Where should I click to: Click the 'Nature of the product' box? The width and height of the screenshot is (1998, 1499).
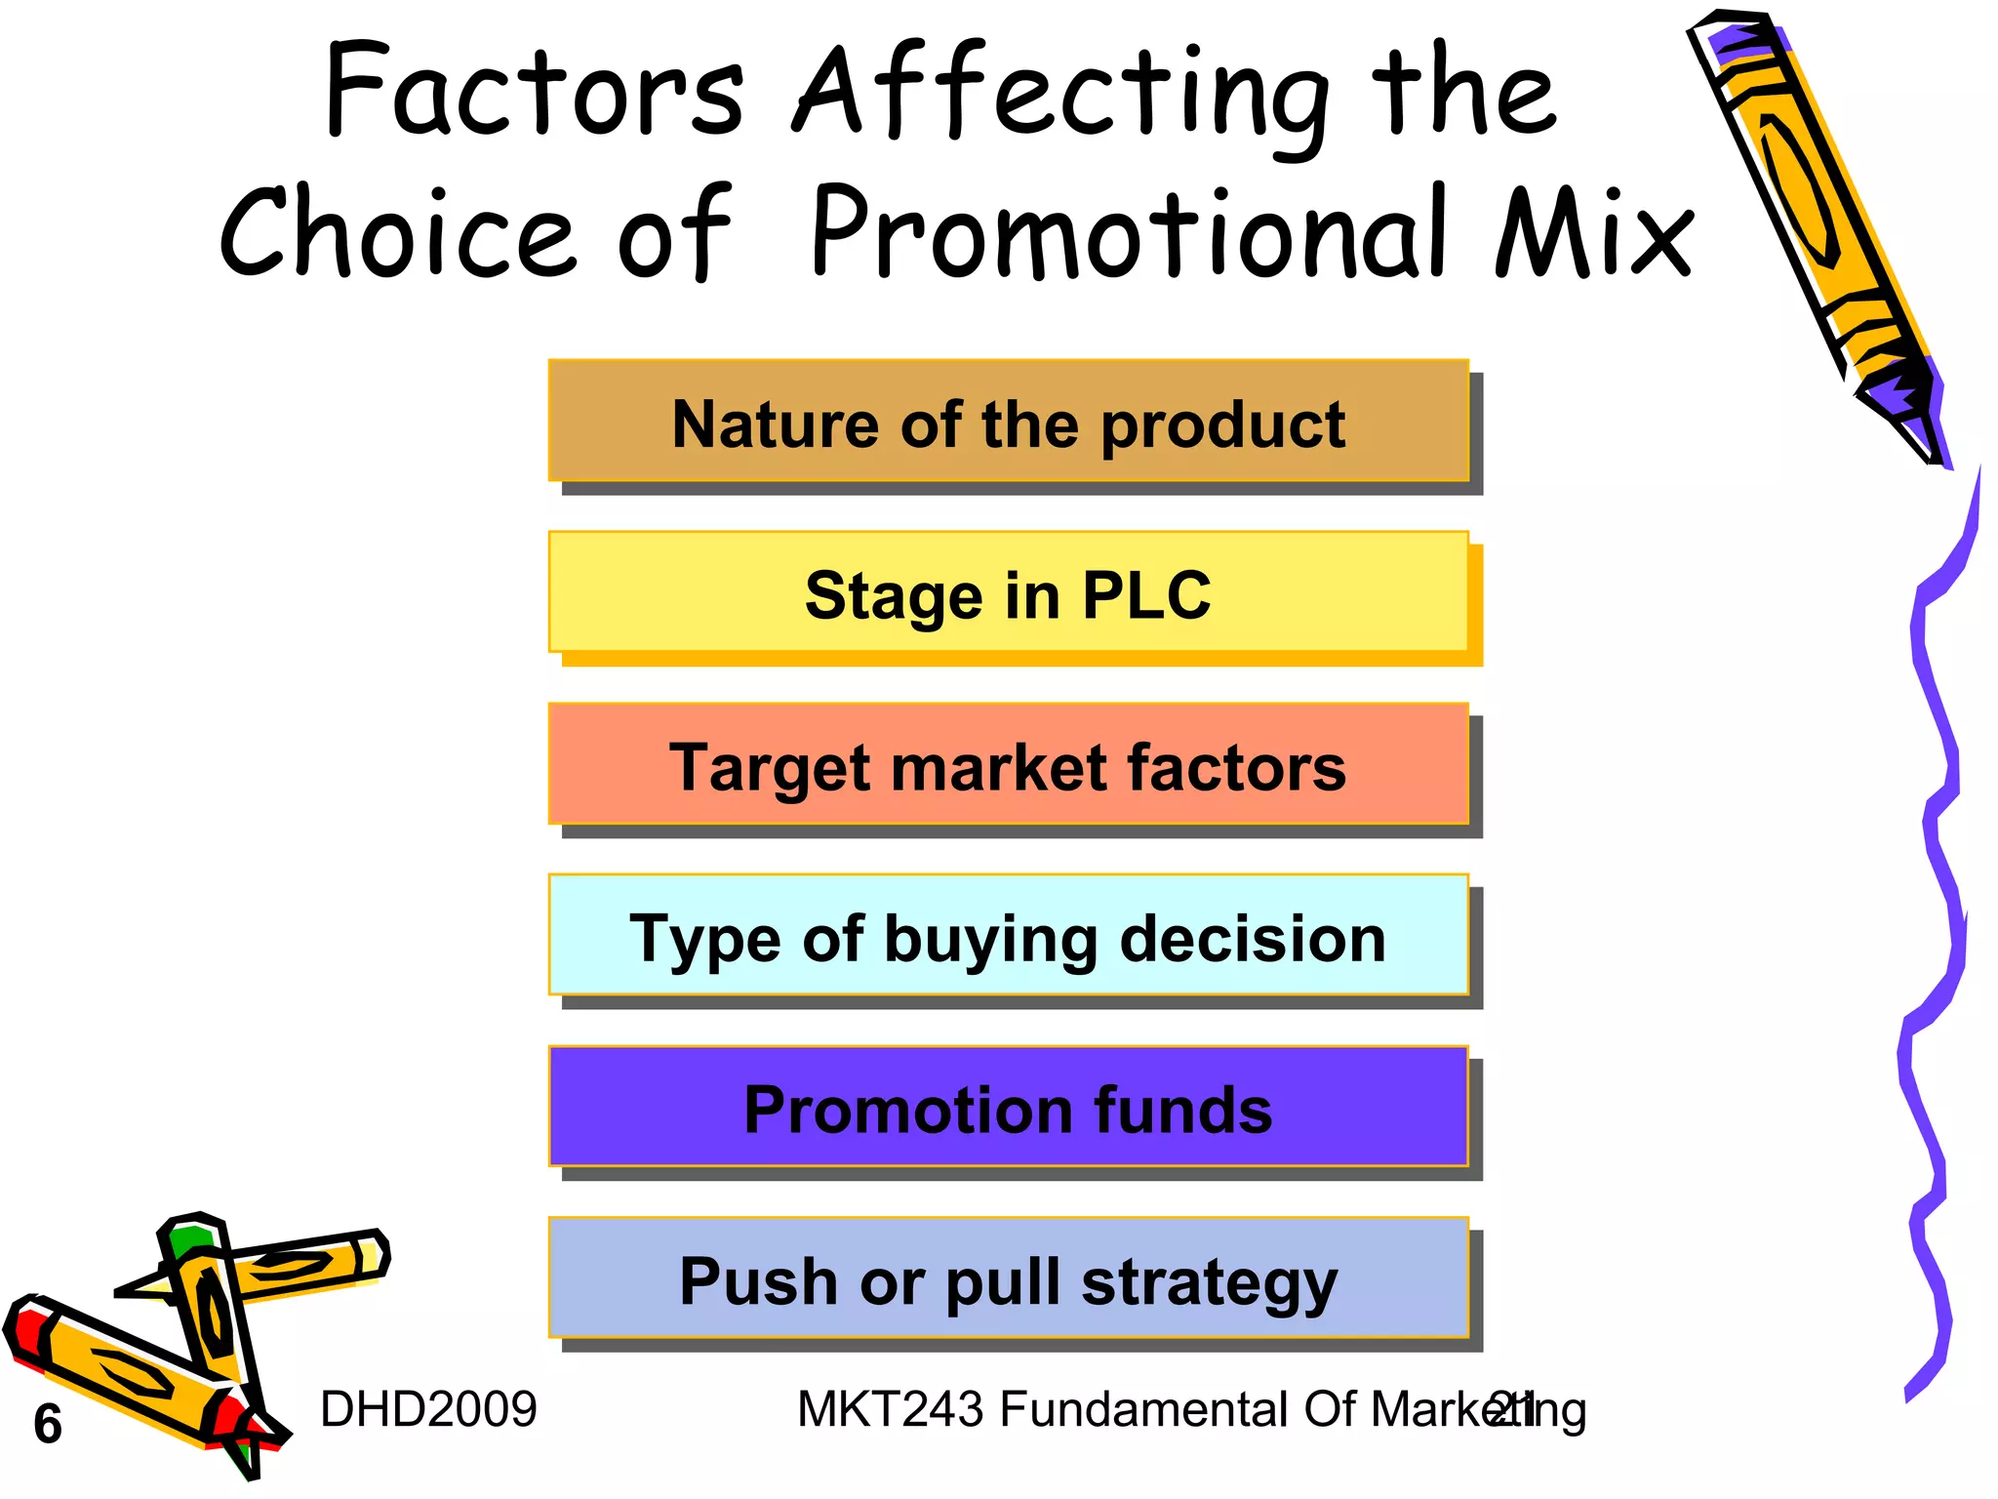1008,422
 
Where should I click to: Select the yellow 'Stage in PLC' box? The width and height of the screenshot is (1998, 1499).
1008,592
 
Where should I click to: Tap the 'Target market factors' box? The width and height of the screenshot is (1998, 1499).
1008,764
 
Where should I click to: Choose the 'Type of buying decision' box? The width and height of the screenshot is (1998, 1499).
1008,935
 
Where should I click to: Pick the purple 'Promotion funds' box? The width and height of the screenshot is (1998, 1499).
1008,1107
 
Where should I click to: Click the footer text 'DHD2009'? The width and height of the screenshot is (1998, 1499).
428,1409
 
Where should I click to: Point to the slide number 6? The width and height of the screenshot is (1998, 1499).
47,1424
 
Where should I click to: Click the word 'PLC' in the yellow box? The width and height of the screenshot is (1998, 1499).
1146,593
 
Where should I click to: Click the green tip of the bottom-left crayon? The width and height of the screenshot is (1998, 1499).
188,1240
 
